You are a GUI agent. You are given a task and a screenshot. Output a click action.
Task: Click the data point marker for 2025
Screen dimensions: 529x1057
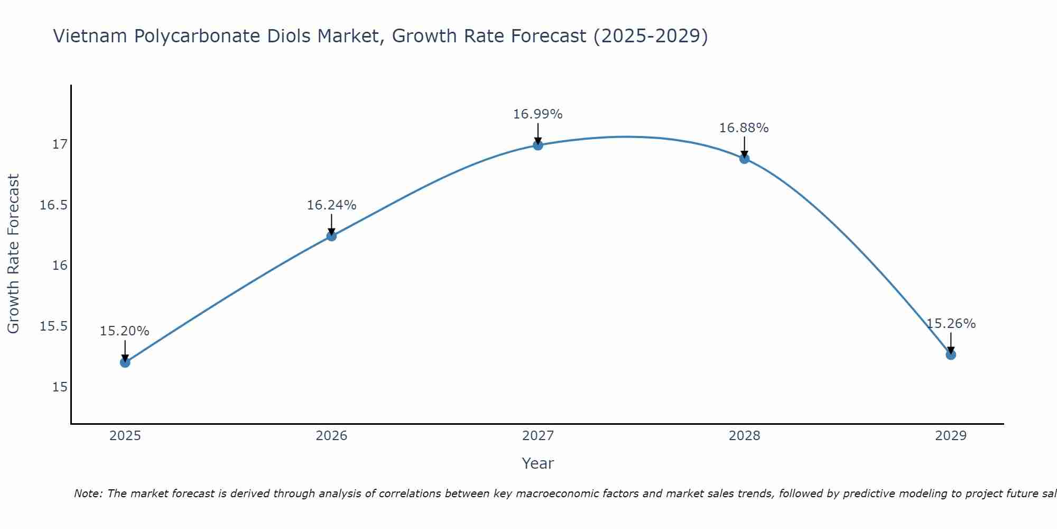click(125, 362)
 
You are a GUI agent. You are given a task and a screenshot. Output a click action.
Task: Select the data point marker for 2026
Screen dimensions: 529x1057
click(331, 236)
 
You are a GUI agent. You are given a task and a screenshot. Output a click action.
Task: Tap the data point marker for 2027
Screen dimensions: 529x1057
click(538, 145)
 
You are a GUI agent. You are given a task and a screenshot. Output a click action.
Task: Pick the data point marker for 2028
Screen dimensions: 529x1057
click(744, 158)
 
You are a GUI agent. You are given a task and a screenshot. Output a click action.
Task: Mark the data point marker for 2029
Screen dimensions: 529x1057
click(951, 354)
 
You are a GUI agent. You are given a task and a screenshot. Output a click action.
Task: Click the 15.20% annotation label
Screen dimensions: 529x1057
click(125, 331)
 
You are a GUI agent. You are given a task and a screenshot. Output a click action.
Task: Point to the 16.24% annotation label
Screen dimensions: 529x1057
click(331, 205)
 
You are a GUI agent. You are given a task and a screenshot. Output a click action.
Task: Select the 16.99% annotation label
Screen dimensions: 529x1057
click(538, 114)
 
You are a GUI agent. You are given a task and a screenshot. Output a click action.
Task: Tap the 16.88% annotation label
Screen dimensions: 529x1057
click(744, 128)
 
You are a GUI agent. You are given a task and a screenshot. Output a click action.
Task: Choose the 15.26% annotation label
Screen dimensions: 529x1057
click(951, 324)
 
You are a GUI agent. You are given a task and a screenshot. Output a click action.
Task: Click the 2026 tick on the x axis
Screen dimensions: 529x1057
click(331, 436)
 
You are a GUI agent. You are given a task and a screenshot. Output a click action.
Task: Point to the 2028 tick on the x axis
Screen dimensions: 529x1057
click(744, 436)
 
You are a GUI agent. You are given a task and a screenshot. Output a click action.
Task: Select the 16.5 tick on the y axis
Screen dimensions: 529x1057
click(54, 205)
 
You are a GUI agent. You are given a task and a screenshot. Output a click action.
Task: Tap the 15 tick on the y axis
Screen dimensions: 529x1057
click(60, 387)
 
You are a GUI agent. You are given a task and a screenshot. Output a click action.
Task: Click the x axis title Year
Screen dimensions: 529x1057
click(538, 463)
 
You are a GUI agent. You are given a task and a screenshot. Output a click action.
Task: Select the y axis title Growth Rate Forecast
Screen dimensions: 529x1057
click(13, 254)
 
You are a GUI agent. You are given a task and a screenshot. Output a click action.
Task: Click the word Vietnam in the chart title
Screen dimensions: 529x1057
click(90, 36)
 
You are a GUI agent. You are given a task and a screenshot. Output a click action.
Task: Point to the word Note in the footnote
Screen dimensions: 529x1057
click(88, 494)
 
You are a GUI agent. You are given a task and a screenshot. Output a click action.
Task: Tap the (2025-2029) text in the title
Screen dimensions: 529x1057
click(651, 36)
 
